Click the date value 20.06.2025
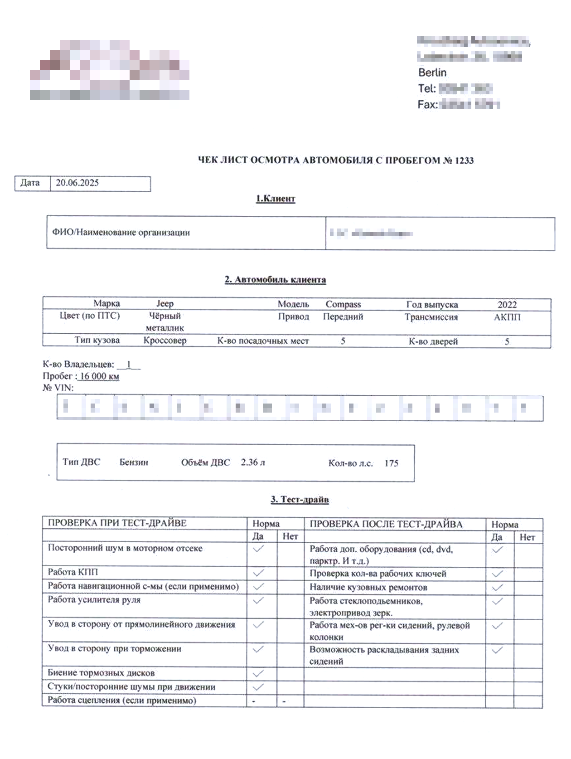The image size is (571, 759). coord(77,183)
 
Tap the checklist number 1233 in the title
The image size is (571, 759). coord(464,161)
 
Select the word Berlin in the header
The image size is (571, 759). coord(432,73)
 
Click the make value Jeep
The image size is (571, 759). coord(165,304)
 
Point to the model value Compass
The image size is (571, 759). coord(343,304)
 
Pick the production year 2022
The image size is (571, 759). coord(507,305)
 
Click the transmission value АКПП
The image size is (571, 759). coord(507,317)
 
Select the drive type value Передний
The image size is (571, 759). coord(343,316)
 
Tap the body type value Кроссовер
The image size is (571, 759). coord(165,341)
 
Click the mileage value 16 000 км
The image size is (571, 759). coord(99,376)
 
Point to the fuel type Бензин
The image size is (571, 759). coord(134,462)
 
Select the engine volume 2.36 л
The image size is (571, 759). coord(253,462)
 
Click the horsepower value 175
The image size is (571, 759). coord(392,463)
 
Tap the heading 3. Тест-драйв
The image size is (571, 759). coord(300,500)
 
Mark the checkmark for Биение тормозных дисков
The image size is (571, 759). coord(258,673)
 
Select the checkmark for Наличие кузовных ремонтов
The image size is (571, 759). coord(497,588)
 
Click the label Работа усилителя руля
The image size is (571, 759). coord(94,600)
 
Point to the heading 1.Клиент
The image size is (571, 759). coord(276,199)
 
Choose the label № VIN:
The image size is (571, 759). coord(58,388)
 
